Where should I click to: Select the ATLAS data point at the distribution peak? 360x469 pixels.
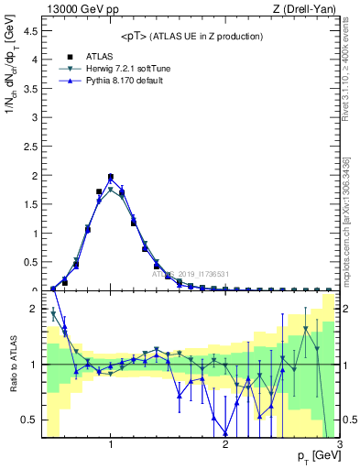111,177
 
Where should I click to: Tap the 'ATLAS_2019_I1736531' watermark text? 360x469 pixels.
189,273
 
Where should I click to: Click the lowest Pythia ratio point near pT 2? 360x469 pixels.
225,432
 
